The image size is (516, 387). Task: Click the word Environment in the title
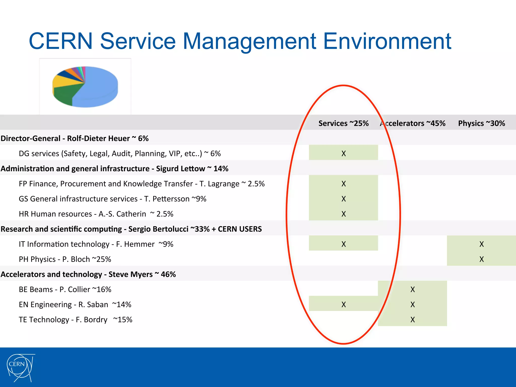point(387,41)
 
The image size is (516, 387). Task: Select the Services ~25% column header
point(343,123)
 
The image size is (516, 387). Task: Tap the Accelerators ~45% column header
point(413,123)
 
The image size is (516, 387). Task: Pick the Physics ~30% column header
point(481,123)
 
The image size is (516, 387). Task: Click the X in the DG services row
point(343,153)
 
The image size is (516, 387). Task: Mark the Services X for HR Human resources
point(343,214)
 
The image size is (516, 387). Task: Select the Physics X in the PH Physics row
point(481,259)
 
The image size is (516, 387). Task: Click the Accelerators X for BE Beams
point(412,289)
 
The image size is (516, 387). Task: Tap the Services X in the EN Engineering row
point(343,305)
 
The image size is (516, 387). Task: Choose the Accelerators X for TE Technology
point(412,320)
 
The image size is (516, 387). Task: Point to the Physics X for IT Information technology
point(481,244)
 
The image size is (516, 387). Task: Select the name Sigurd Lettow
point(180,169)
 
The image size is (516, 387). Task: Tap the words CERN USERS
point(240,229)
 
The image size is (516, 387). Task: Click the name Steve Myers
point(131,274)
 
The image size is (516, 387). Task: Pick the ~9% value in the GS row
point(199,199)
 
